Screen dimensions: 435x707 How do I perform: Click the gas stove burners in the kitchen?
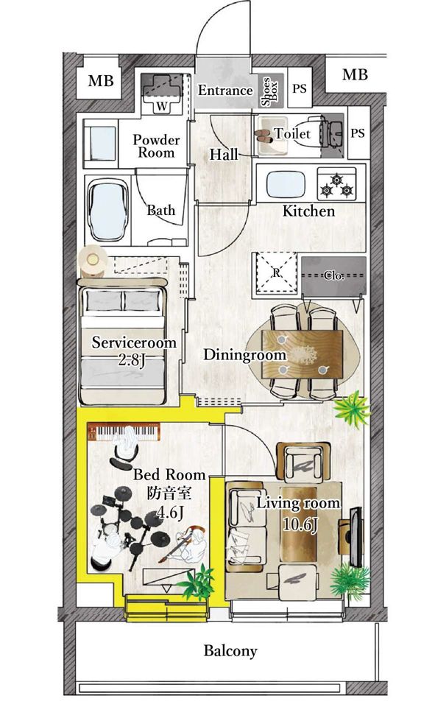pos(336,184)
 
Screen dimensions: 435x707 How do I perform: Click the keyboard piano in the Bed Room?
pos(124,432)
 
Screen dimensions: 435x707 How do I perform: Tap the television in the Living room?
pos(356,537)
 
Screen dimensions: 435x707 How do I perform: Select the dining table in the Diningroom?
pos(303,354)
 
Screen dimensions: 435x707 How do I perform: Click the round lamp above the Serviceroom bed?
pos(93,261)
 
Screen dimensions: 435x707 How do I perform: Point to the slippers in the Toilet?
pos(264,136)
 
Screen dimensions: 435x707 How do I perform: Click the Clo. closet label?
pos(334,275)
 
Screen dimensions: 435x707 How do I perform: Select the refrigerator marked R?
pos(276,272)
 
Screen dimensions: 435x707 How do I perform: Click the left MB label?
pos(101,81)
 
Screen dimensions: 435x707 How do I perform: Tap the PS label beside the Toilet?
pos(357,133)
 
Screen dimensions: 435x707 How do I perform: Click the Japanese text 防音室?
pos(169,493)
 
